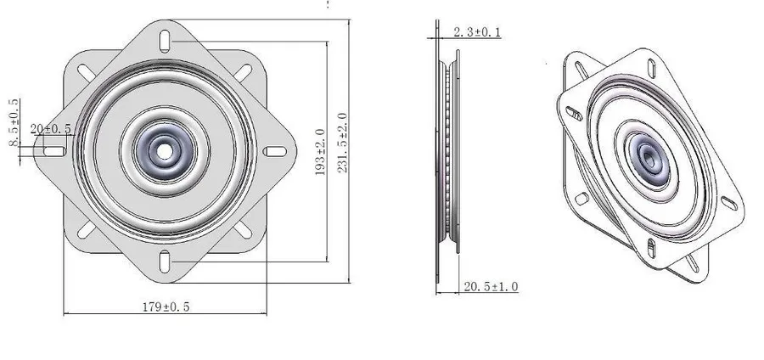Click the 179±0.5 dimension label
(x=166, y=307)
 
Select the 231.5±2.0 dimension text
(x=343, y=143)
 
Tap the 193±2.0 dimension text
(x=320, y=151)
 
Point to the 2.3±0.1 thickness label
(x=477, y=32)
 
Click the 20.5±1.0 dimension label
(x=491, y=286)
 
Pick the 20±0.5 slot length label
(x=51, y=129)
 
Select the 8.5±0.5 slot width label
(x=14, y=122)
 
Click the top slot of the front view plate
(x=165, y=41)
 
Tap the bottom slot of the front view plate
(x=165, y=262)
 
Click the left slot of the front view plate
(x=54, y=151)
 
